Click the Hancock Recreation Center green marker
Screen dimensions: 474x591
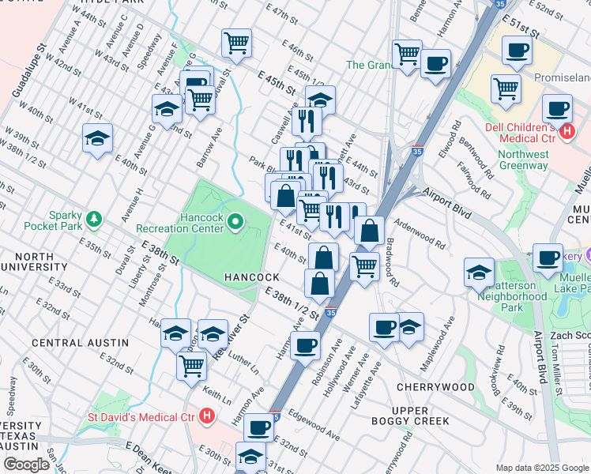(235, 224)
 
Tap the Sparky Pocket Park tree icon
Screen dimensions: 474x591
(95, 218)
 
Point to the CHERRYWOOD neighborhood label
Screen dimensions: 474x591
(435, 387)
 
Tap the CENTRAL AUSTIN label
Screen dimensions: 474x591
(80, 342)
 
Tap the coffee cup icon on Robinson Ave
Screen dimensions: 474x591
(305, 344)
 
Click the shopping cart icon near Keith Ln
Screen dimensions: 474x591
(192, 366)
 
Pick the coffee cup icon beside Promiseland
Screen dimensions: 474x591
(518, 50)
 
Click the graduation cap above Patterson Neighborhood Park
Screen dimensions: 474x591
(479, 272)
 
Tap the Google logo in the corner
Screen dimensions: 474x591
(27, 465)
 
